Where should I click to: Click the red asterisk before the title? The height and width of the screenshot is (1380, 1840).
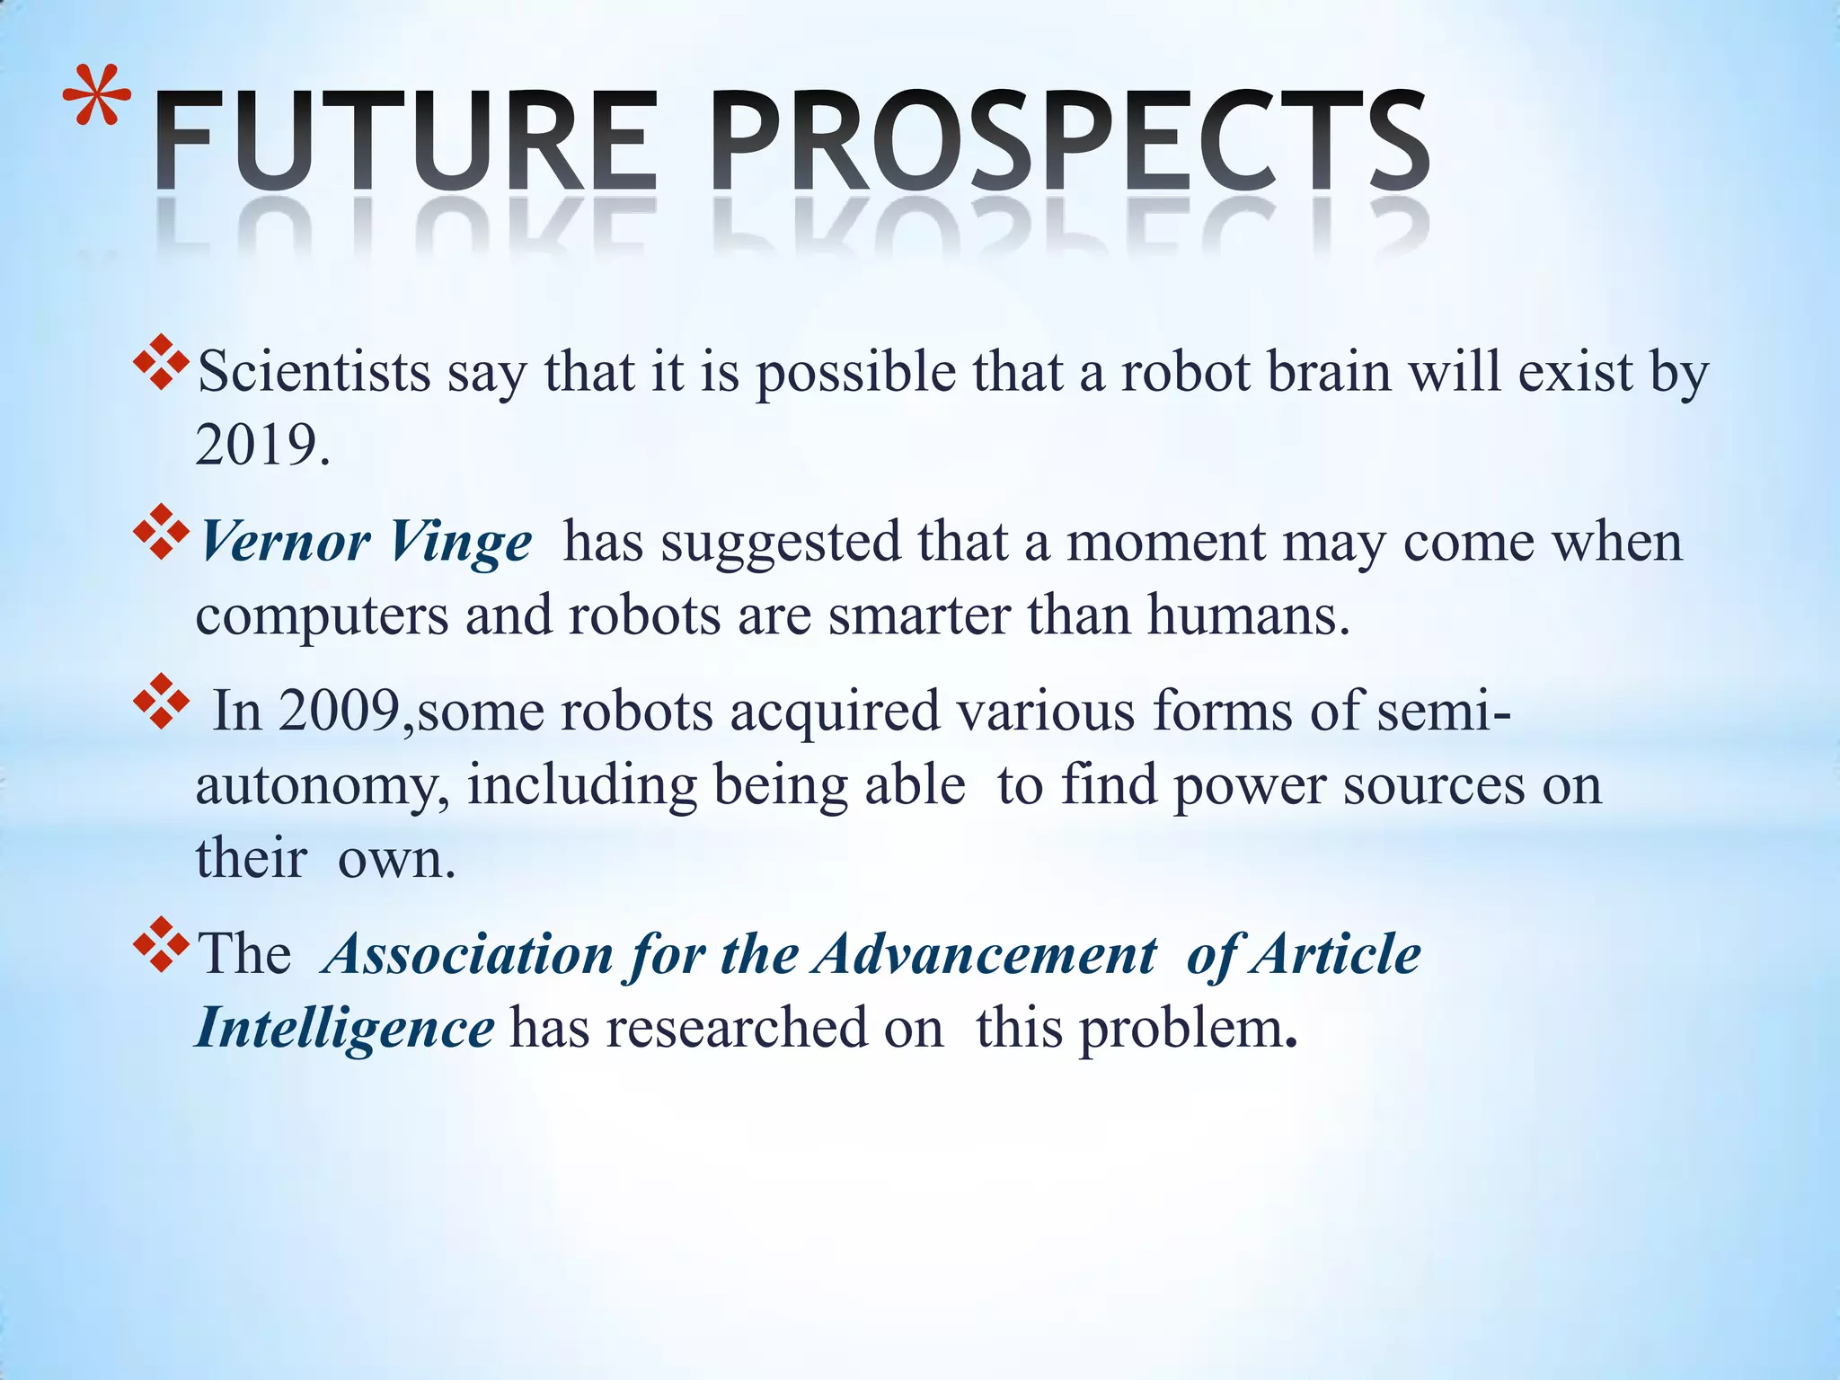[98, 96]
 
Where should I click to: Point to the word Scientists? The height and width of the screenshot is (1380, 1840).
[314, 371]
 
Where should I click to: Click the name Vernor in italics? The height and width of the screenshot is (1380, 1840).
[284, 542]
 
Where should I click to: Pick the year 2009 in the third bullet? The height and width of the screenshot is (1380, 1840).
[339, 711]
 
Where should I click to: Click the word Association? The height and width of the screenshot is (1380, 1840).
[467, 953]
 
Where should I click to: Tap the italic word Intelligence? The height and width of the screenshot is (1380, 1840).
[344, 1029]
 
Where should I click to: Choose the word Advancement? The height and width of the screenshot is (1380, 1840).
[985, 953]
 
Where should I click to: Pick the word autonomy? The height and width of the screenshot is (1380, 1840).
[322, 786]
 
